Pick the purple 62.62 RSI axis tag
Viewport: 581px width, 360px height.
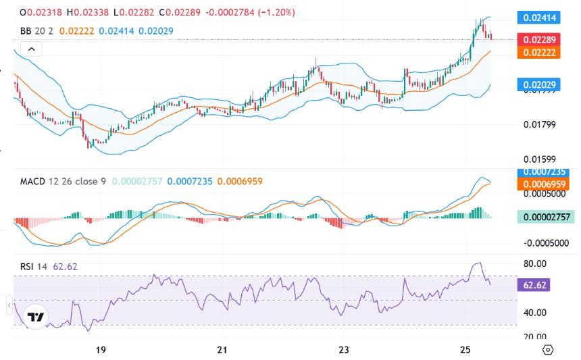tap(532, 285)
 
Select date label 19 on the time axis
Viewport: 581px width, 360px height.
tap(101, 350)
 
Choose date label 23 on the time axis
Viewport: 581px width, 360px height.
tap(344, 350)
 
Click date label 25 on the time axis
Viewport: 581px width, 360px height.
tap(465, 350)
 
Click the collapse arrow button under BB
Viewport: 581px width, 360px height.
tap(31, 49)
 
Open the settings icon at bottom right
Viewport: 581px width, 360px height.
tap(548, 350)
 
